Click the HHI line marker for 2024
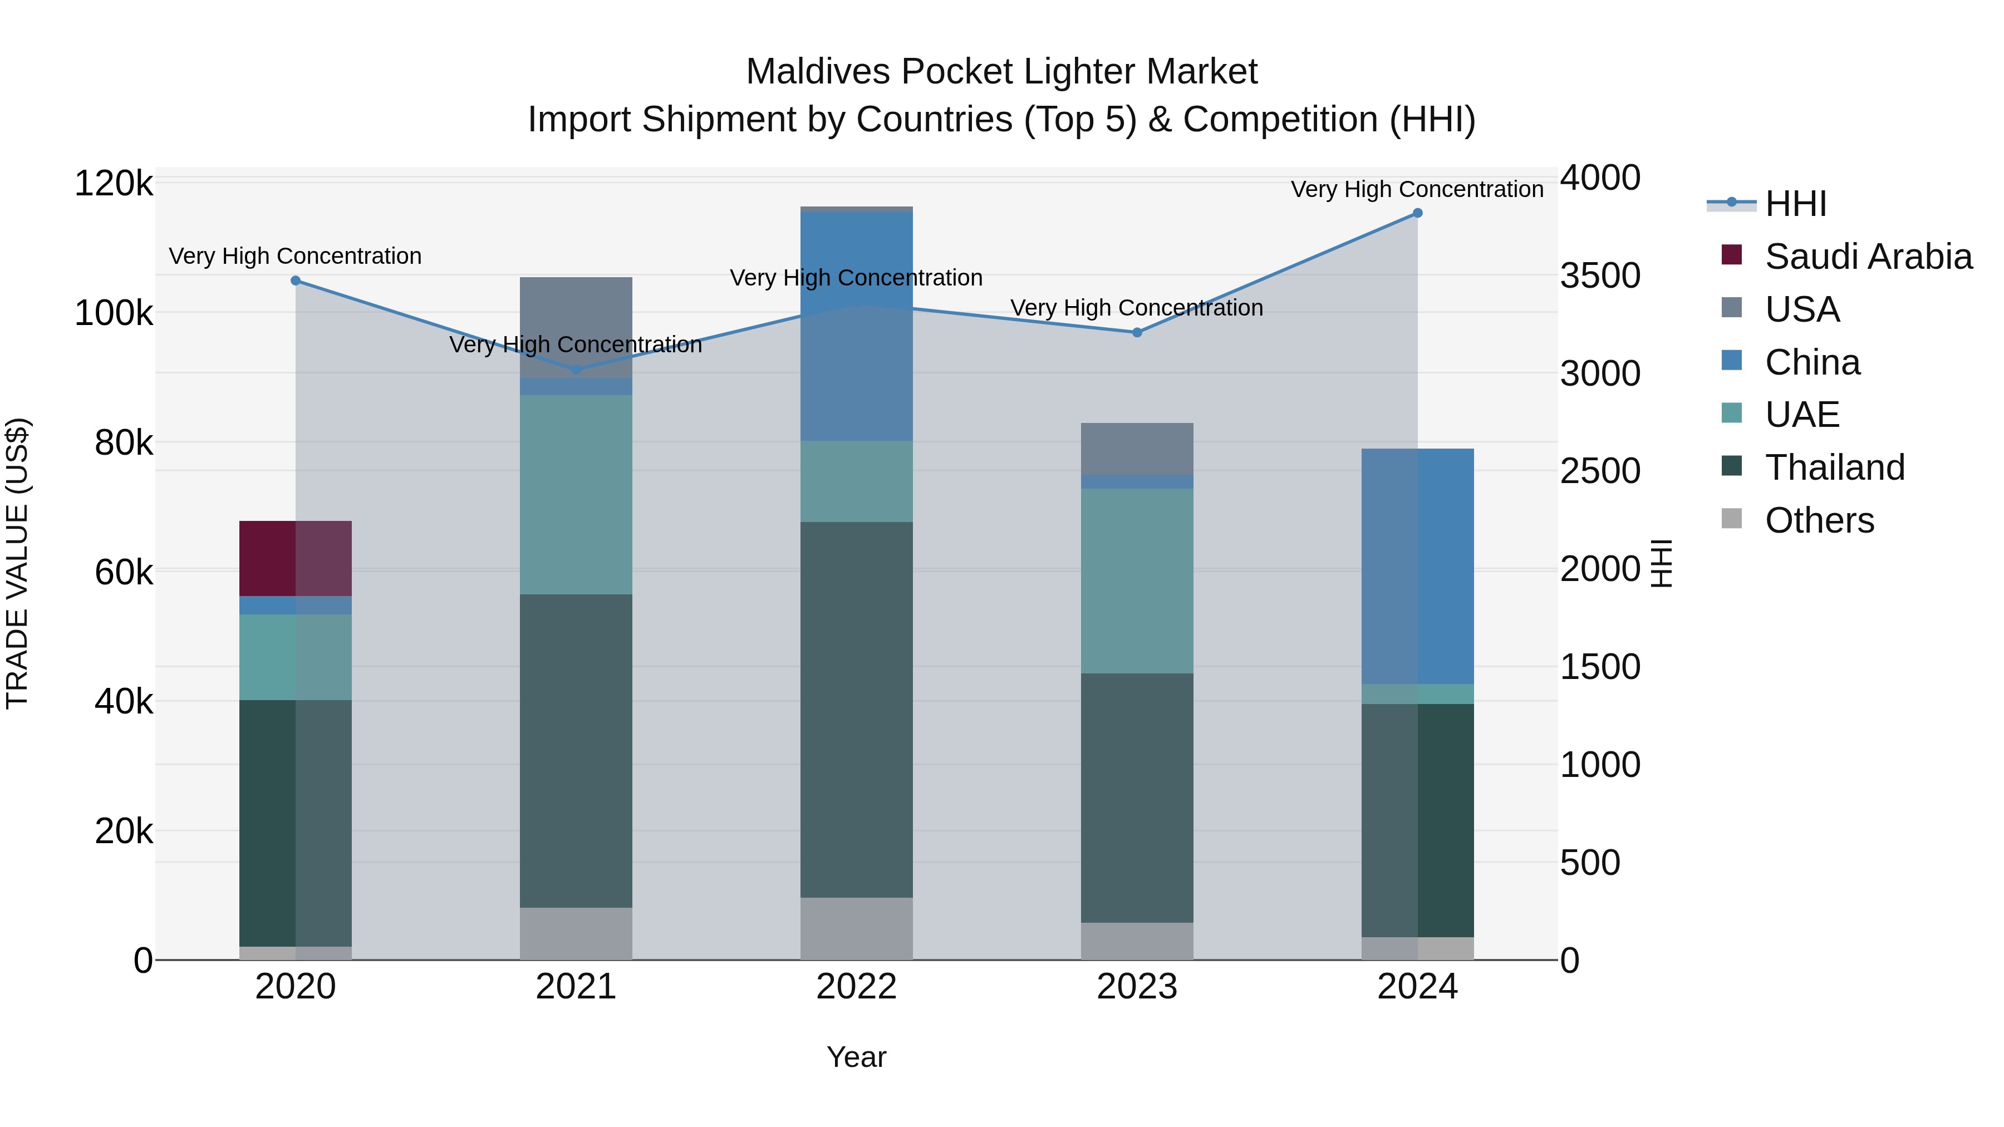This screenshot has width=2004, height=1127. pos(1417,213)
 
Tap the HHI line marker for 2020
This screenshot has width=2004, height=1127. pos(296,281)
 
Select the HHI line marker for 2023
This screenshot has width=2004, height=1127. pos(1137,332)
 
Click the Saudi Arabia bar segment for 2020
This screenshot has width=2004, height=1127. pos(296,558)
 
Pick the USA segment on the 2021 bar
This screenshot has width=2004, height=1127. pos(576,327)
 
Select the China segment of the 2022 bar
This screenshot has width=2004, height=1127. pos(857,327)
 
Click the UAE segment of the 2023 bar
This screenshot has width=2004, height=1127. pos(1137,581)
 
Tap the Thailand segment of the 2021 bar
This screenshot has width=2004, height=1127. pos(576,751)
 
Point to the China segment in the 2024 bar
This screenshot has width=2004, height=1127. pos(1417,566)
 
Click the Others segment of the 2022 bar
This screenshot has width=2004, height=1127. pos(857,929)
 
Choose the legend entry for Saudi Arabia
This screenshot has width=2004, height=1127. pos(1867,257)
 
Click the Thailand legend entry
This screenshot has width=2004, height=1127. pos(1834,467)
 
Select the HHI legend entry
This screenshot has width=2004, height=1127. pos(1795,204)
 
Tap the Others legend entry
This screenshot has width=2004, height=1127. pos(1819,520)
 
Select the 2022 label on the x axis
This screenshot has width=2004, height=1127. pos(857,987)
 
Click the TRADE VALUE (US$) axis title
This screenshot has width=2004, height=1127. pos(17,563)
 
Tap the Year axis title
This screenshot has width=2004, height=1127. pos(857,1057)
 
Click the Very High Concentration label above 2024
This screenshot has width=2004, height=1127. pos(1417,189)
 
